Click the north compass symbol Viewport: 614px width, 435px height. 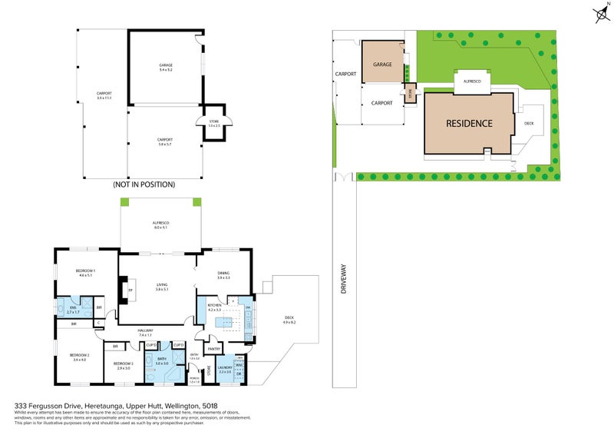(x=600, y=13)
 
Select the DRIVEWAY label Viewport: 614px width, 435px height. (x=344, y=277)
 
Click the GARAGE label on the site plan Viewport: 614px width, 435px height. (x=382, y=65)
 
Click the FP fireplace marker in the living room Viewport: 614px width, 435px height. (x=130, y=291)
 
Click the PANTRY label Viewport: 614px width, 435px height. (x=215, y=348)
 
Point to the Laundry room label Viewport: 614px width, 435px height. (x=226, y=369)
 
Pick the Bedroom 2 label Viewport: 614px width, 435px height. (x=80, y=357)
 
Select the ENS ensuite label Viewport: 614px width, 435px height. (x=72, y=310)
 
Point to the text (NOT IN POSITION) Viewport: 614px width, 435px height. (x=144, y=184)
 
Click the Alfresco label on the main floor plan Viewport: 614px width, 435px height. (x=160, y=225)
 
